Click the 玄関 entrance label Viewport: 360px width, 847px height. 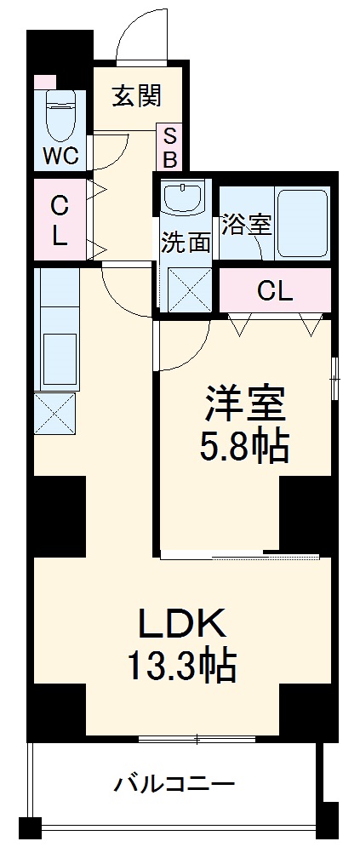[136, 96]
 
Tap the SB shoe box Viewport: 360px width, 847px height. [169, 146]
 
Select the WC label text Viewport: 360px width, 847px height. [61, 156]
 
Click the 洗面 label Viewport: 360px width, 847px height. [186, 243]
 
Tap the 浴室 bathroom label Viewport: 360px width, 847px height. [246, 225]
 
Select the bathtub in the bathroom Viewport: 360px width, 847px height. [302, 222]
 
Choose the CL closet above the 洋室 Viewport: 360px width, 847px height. [274, 291]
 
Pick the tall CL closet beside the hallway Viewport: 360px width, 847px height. [59, 220]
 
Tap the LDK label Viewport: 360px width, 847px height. [182, 626]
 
